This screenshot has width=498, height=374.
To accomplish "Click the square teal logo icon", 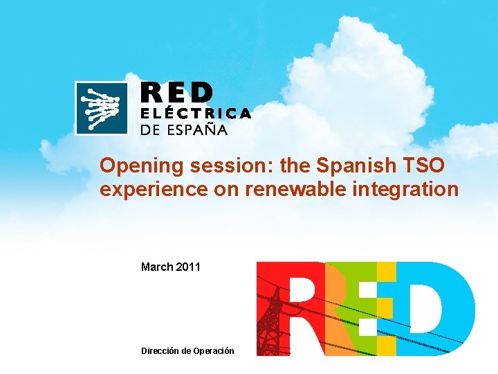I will pos(102,108).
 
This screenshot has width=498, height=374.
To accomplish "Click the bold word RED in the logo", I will pos(178,93).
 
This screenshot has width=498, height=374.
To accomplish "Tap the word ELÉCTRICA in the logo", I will pos(196,114).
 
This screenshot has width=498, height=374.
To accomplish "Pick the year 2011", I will pos(188,267).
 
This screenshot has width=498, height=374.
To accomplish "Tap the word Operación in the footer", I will pos(212,351).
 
